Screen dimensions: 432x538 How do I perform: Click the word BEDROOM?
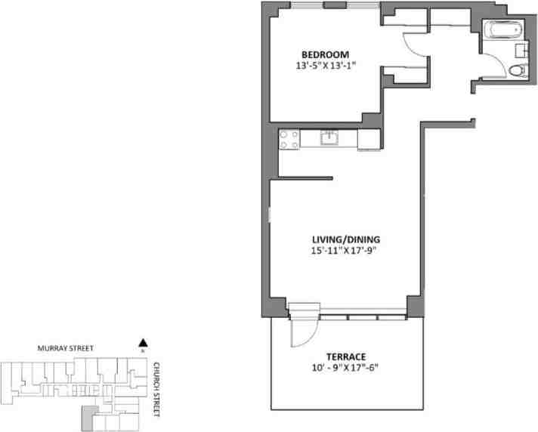pos(325,54)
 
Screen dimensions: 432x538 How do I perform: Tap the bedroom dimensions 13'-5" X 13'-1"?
pos(325,66)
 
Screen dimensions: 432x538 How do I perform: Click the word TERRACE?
pos(346,356)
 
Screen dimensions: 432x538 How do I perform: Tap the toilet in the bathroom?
pos(517,71)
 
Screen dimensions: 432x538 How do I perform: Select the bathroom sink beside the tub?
pos(521,50)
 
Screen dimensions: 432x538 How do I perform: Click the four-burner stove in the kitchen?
pos(289,139)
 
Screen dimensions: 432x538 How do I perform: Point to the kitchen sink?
pos(329,138)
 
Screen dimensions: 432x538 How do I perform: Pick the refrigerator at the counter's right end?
pos(369,139)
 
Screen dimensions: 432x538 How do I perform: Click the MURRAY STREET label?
pos(66,349)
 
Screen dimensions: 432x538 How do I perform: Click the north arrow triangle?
pos(142,342)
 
